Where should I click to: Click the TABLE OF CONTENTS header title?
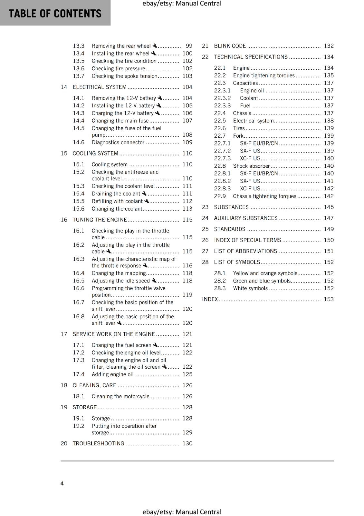click(x=55, y=14)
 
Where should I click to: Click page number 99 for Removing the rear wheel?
click(x=189, y=46)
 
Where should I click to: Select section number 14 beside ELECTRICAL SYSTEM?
click(x=64, y=87)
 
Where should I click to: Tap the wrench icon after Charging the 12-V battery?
click(x=158, y=113)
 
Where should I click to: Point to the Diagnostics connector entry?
click(x=118, y=143)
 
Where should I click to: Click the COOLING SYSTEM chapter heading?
click(x=95, y=154)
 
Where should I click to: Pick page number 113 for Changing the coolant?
click(x=187, y=209)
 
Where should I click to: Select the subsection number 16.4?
click(x=79, y=273)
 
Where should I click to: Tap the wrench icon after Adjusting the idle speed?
click(x=154, y=281)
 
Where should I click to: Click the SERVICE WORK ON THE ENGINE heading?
click(x=114, y=334)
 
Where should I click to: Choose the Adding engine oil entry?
click(x=112, y=374)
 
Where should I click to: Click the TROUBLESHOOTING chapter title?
click(x=98, y=443)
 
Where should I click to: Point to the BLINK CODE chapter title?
click(x=230, y=46)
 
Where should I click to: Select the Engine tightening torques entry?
click(x=264, y=75)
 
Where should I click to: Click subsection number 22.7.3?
click(x=222, y=158)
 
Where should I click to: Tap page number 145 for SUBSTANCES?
click(x=329, y=207)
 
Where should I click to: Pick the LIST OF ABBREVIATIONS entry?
click(x=245, y=251)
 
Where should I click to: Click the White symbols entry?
click(x=250, y=288)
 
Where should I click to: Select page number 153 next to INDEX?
click(x=329, y=299)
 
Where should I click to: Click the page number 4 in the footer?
click(x=62, y=483)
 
